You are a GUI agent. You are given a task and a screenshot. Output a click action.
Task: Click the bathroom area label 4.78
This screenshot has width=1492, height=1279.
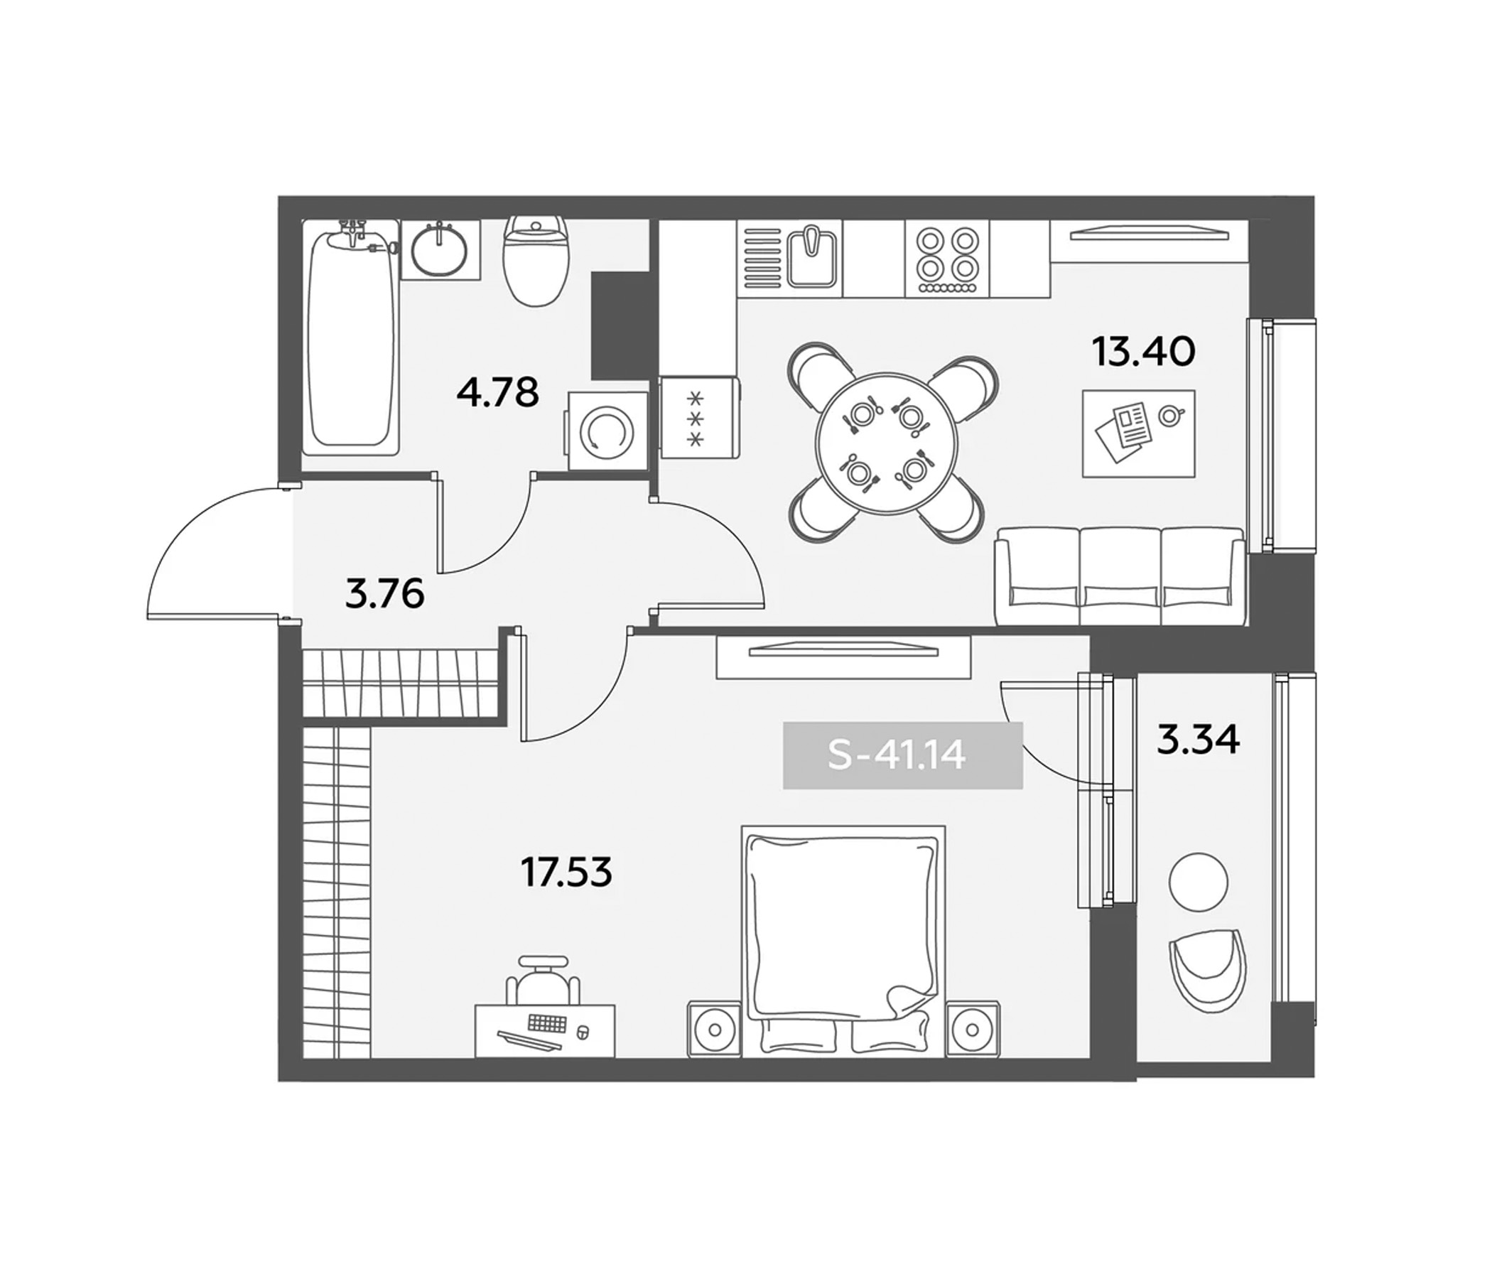pyautogui.click(x=497, y=393)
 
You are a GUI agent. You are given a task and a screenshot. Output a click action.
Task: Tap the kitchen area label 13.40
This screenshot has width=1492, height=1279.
pyautogui.click(x=1143, y=352)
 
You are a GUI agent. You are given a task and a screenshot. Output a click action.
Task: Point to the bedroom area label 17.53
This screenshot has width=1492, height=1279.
pyautogui.click(x=566, y=873)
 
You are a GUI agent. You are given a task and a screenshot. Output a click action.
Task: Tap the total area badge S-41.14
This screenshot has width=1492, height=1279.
pyautogui.click(x=902, y=756)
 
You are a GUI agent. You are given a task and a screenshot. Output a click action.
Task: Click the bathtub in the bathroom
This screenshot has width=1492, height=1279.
pyautogui.click(x=352, y=338)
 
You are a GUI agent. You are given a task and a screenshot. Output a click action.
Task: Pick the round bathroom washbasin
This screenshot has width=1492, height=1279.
pyautogui.click(x=439, y=249)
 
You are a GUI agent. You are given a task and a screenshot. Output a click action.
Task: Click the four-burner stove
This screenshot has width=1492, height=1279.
pyautogui.click(x=947, y=259)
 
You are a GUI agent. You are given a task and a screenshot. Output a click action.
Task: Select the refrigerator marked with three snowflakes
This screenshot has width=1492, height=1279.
pyautogui.click(x=698, y=418)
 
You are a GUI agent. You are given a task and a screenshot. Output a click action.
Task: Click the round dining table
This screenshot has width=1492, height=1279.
pyautogui.click(x=887, y=443)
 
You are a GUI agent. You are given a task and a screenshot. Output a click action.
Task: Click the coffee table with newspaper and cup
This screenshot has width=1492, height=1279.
pyautogui.click(x=1137, y=433)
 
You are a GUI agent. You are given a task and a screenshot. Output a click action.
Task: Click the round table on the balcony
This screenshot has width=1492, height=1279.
pyautogui.click(x=1197, y=880)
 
